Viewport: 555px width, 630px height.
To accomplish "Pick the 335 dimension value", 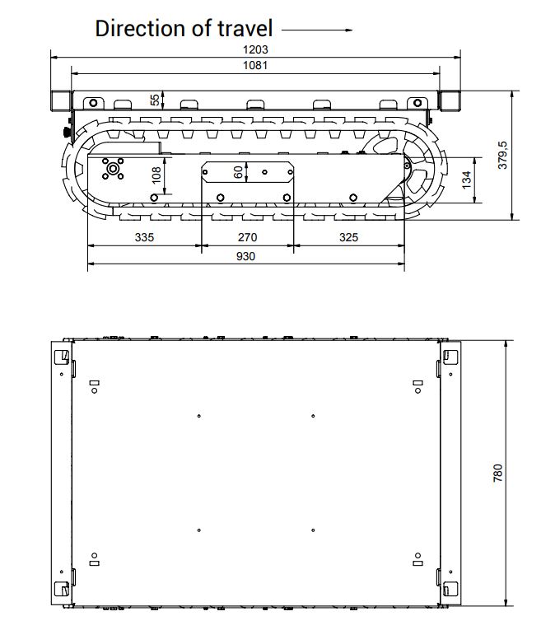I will [x=144, y=237].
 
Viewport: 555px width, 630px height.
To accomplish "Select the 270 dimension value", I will [x=246, y=237].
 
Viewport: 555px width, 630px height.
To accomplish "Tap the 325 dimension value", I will [x=348, y=237].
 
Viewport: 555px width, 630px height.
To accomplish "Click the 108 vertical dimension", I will [x=156, y=175].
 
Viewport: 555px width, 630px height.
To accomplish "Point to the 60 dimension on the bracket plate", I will [x=239, y=172].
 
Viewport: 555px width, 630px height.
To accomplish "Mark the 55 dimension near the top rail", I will [x=155, y=100].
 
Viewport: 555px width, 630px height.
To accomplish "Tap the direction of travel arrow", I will [x=317, y=30].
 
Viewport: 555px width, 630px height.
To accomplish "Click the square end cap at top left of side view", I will [x=61, y=100].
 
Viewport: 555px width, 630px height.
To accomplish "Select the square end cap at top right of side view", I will [x=450, y=100].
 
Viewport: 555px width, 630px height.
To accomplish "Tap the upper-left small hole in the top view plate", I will [x=199, y=415].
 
